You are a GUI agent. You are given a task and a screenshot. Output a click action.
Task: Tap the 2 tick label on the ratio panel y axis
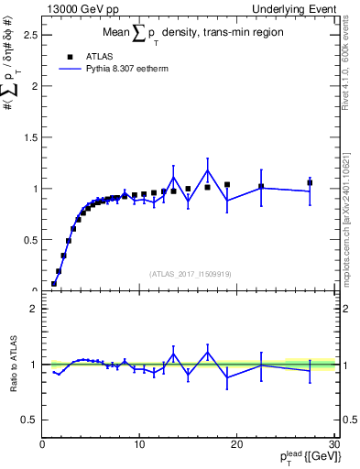33,309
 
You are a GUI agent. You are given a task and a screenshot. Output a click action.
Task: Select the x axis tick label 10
139,444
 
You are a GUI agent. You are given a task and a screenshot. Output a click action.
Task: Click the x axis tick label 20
237,444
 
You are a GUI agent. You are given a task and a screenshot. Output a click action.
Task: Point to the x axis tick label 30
334,444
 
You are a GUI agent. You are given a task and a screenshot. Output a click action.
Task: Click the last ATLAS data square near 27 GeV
310,182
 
